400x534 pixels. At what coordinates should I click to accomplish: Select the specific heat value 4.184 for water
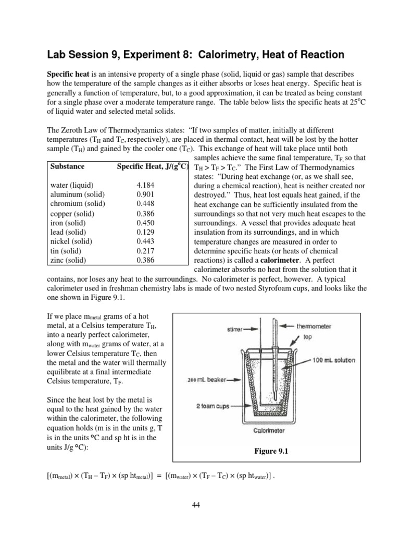click(145, 185)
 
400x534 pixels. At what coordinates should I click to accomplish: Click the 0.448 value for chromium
click(145, 204)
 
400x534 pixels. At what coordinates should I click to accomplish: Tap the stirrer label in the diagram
click(237, 329)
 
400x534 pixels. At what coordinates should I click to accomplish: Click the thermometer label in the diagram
click(315, 326)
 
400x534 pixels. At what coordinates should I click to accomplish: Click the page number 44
click(200, 504)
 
